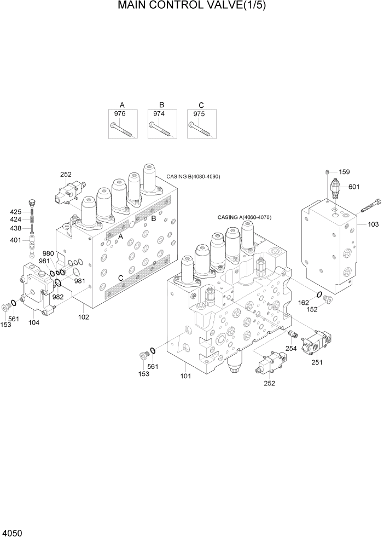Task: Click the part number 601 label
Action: click(354, 187)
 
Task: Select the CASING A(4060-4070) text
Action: click(245, 217)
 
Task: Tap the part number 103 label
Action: click(373, 225)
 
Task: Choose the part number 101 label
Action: click(187, 376)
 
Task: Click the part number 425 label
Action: click(16, 211)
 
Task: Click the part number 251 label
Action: click(317, 362)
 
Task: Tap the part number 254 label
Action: click(291, 349)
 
